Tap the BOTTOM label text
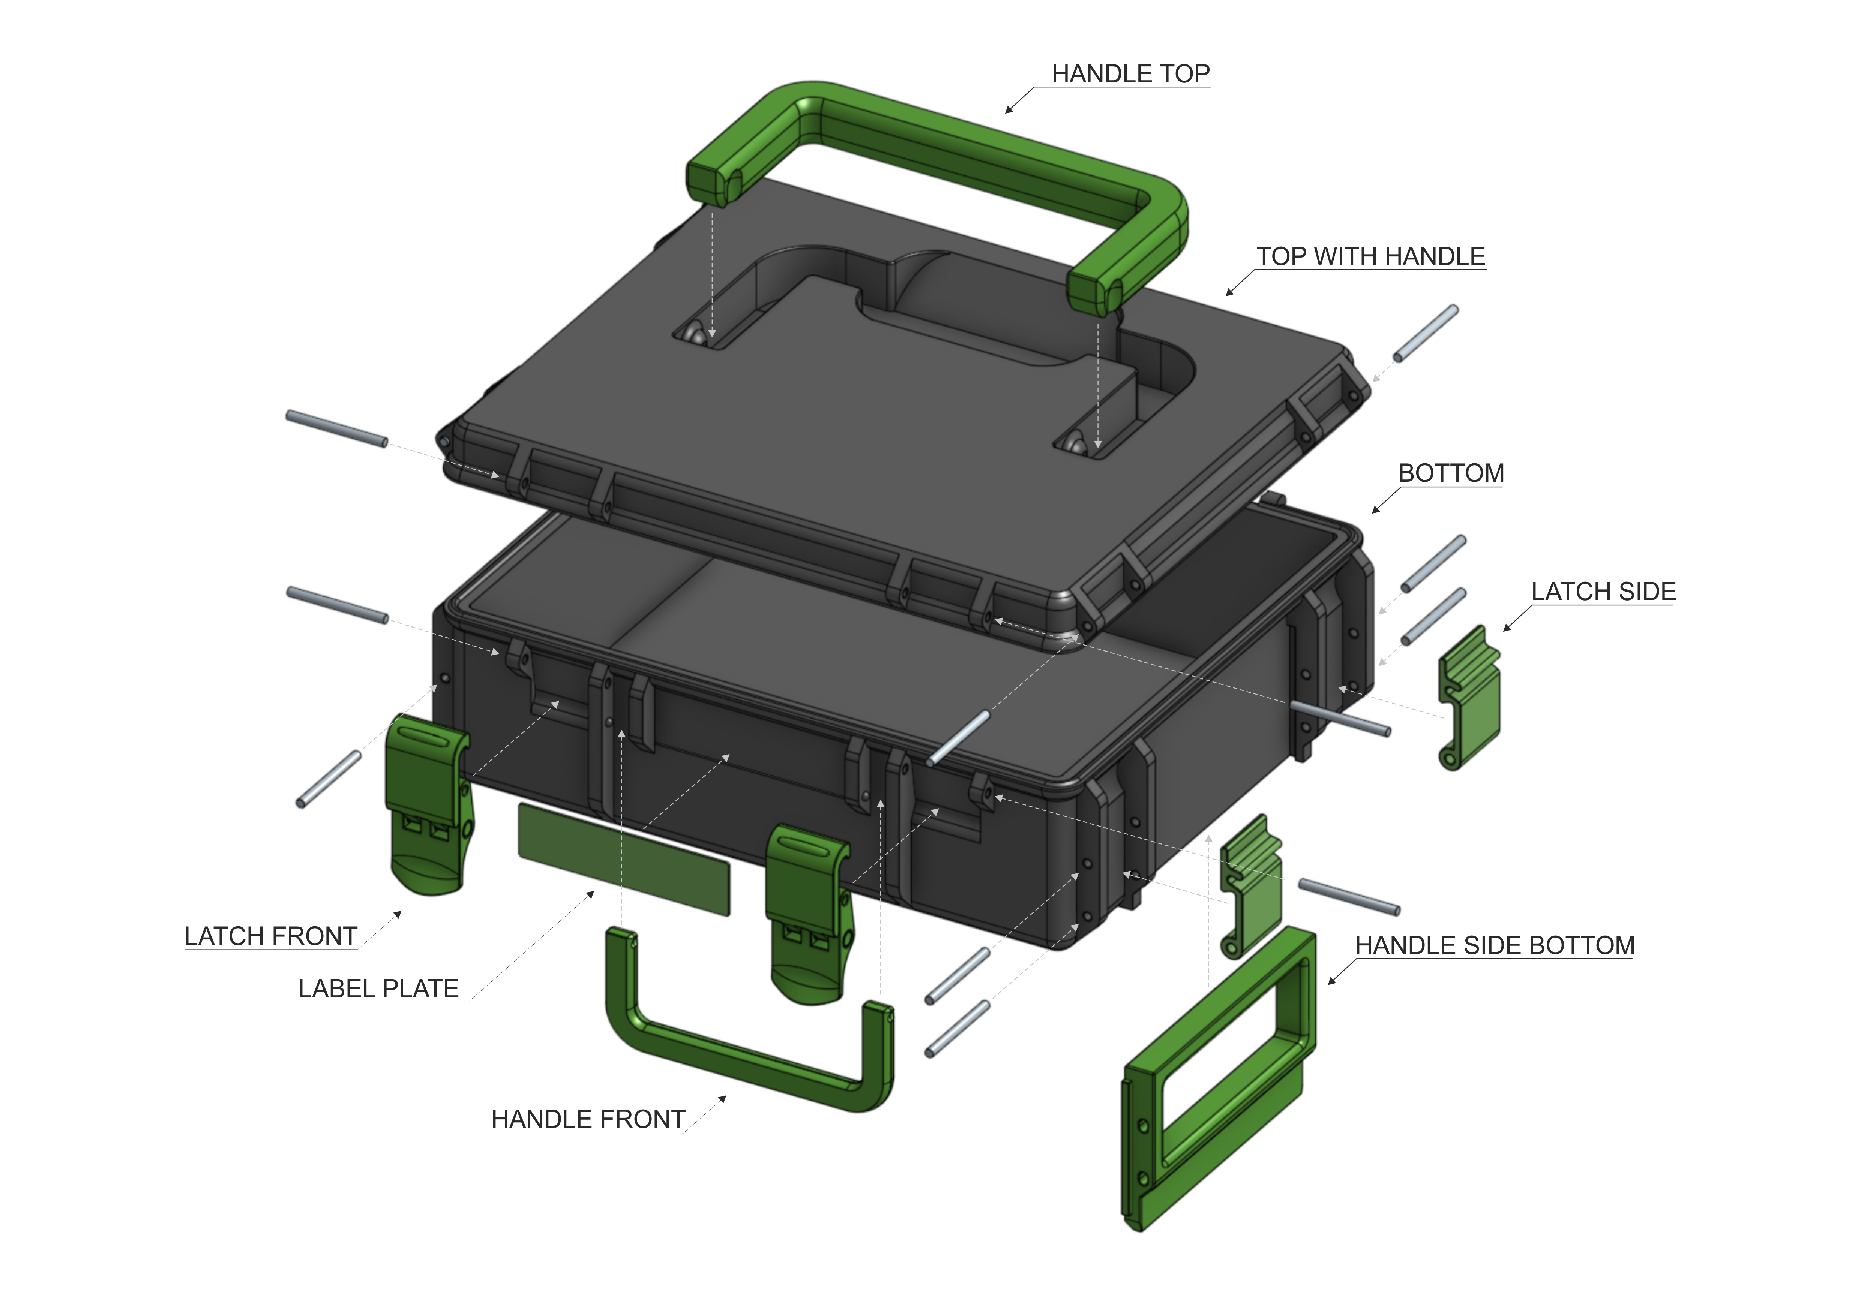[x=1451, y=473]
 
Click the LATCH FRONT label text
[x=271, y=937]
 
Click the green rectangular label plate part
[x=624, y=859]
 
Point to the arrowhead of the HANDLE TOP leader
[x=1007, y=111]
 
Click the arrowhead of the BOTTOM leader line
[x=1374, y=511]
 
